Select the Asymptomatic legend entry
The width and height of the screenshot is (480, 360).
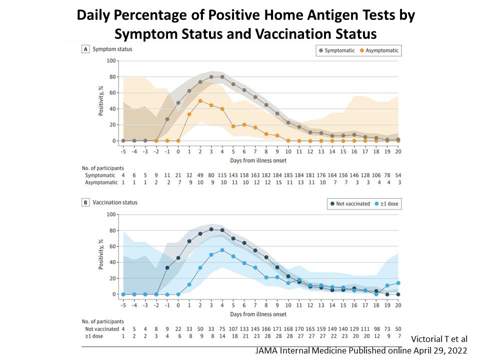tap(380, 50)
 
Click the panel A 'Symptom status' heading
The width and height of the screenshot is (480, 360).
tap(108, 49)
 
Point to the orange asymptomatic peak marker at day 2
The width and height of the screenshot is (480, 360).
tap(200, 101)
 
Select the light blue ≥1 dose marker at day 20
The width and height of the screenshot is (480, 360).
tap(398, 283)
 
